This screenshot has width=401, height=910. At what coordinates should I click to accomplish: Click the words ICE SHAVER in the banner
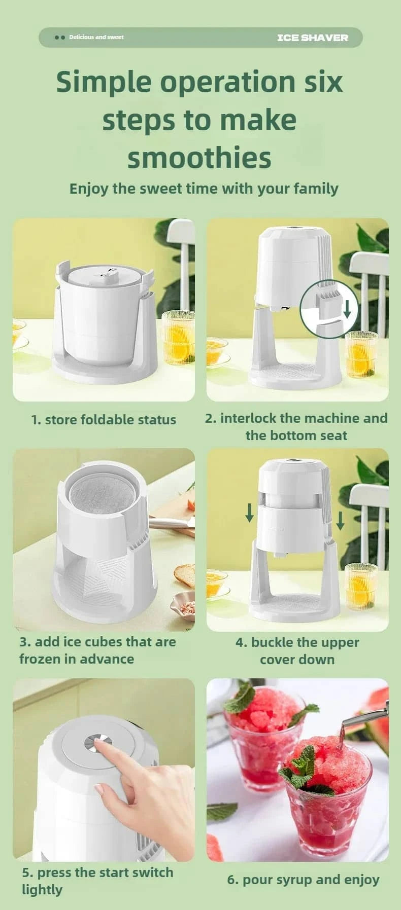click(x=313, y=38)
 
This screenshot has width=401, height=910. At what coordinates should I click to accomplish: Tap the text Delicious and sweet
click(x=96, y=37)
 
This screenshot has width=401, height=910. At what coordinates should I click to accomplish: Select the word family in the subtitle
click(x=316, y=189)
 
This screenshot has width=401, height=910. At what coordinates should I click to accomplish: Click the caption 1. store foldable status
click(x=104, y=420)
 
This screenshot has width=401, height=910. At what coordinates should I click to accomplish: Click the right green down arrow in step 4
click(x=340, y=520)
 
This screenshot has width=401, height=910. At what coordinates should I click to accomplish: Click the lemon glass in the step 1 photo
click(x=178, y=337)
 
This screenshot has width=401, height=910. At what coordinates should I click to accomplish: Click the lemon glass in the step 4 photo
click(x=361, y=586)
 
